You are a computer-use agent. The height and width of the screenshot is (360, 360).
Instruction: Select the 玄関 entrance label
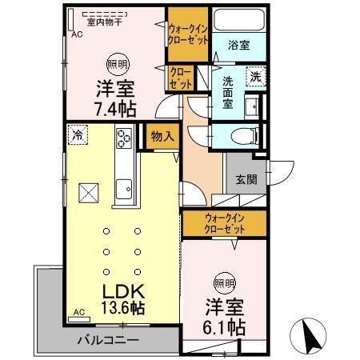click(246, 180)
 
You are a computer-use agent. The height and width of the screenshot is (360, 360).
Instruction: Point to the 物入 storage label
click(162, 137)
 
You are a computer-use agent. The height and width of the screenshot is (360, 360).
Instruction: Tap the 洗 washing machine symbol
click(255, 77)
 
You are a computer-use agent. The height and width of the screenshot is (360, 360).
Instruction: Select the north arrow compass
click(312, 334)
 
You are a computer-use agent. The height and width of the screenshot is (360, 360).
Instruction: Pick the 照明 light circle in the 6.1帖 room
click(224, 282)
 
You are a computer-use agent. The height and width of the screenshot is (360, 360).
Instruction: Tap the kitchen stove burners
click(126, 138)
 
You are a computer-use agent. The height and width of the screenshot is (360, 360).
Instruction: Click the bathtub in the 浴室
click(238, 21)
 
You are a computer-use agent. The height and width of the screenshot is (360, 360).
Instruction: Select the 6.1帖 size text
click(223, 327)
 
